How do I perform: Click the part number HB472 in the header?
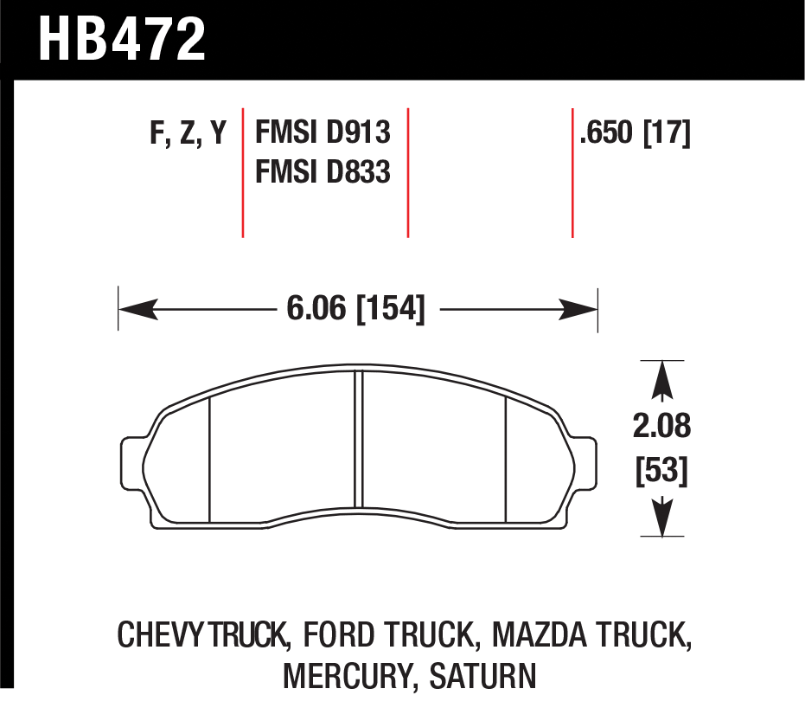click(122, 39)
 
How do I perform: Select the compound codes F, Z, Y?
click(188, 133)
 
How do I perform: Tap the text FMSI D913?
click(323, 132)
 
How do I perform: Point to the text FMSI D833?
click(323, 171)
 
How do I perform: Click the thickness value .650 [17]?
click(635, 133)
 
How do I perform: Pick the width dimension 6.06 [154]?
click(355, 309)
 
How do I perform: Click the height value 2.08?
click(661, 426)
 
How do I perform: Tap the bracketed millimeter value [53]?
click(661, 470)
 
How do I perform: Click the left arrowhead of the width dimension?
click(137, 309)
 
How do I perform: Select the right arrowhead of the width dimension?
click(578, 309)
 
